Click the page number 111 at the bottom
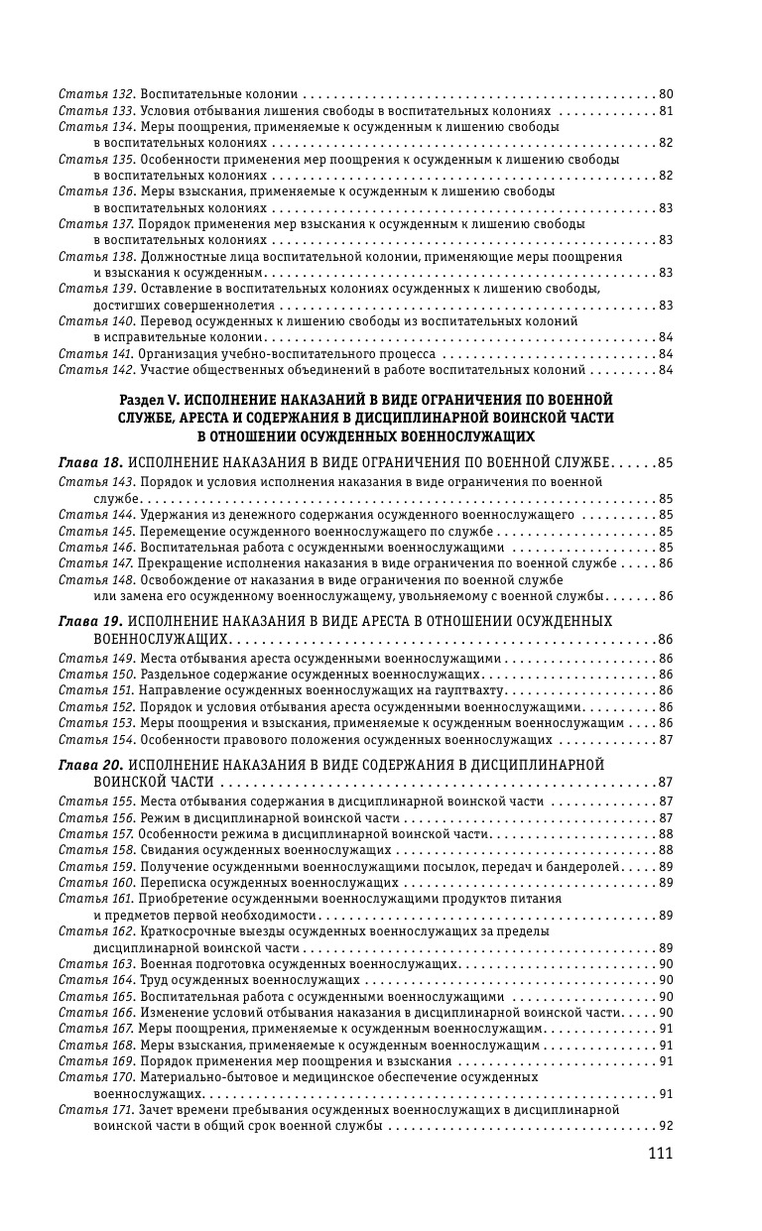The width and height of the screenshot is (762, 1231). (x=660, y=1153)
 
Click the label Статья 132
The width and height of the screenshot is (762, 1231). (x=96, y=93)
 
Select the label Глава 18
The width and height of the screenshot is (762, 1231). (x=90, y=462)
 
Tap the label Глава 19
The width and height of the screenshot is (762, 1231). (x=90, y=621)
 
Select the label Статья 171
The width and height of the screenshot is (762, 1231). (x=96, y=1110)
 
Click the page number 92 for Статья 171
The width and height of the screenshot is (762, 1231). (x=666, y=1126)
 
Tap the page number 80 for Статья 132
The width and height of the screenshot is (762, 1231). (x=666, y=93)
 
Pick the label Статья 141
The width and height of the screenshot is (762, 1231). (x=96, y=354)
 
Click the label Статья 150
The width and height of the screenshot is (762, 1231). (x=96, y=675)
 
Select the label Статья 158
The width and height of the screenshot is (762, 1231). (x=96, y=850)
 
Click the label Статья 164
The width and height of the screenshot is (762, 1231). (x=96, y=980)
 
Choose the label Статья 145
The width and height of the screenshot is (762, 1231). (x=96, y=531)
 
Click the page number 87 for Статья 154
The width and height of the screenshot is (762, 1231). (x=666, y=739)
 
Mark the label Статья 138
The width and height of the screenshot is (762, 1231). (x=96, y=256)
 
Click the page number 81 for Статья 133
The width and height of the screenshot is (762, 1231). (x=666, y=110)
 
